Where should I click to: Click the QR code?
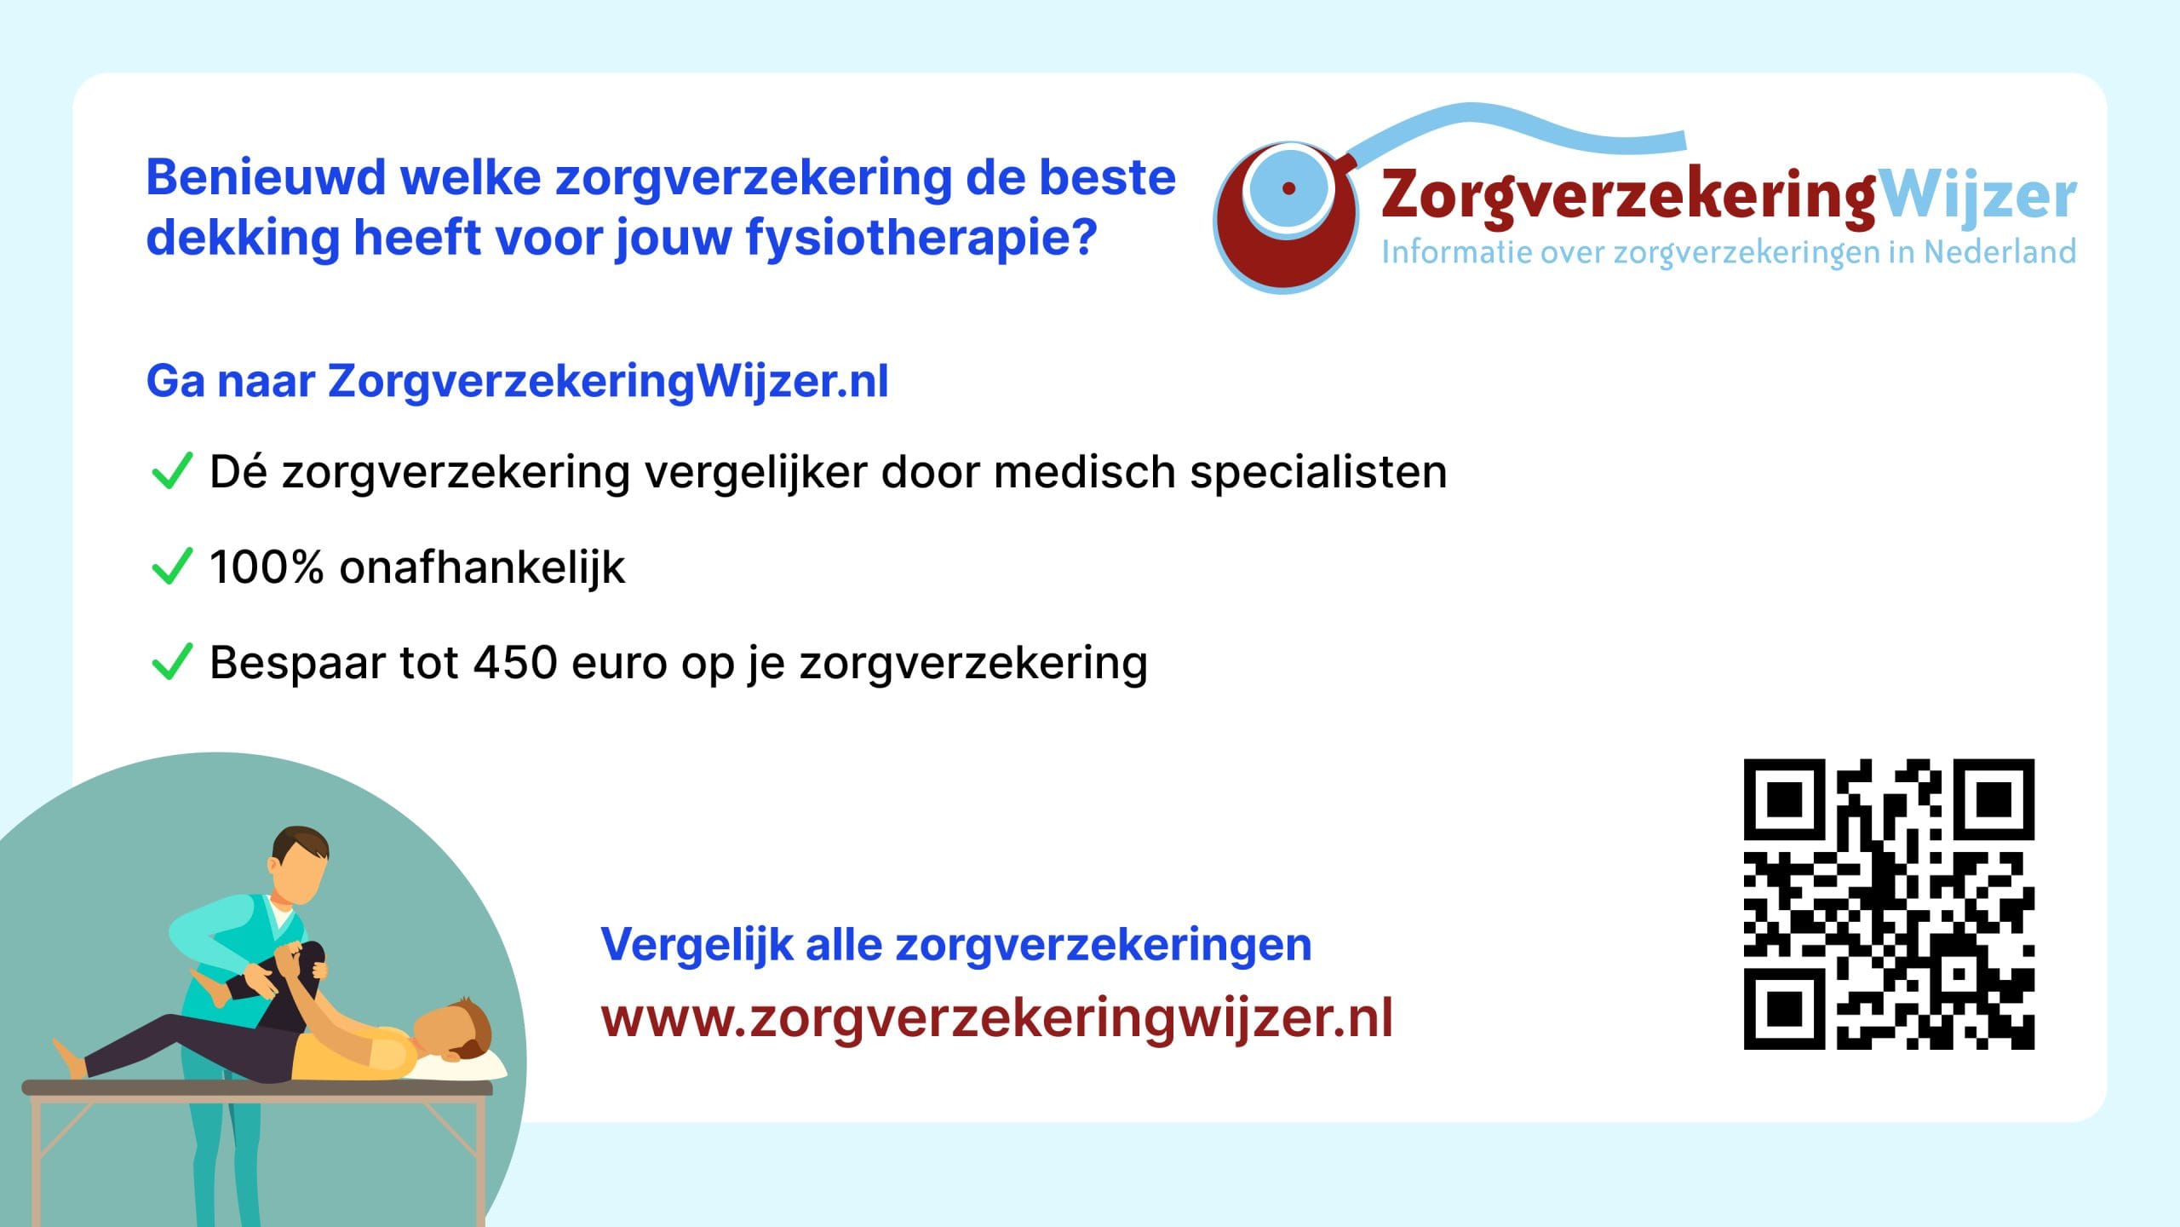1889,904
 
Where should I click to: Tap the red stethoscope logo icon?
1286,217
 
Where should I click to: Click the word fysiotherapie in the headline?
921,239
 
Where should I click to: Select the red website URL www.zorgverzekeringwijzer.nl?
996,1019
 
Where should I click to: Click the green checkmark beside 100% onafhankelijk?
171,567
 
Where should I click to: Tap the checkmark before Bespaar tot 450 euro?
171,662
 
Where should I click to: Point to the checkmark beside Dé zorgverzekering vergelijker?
171,471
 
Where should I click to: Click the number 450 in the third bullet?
515,662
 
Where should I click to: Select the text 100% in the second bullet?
267,567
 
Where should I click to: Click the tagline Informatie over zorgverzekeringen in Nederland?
1729,253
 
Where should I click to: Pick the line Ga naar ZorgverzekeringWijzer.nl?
518,382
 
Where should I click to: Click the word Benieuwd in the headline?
267,178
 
